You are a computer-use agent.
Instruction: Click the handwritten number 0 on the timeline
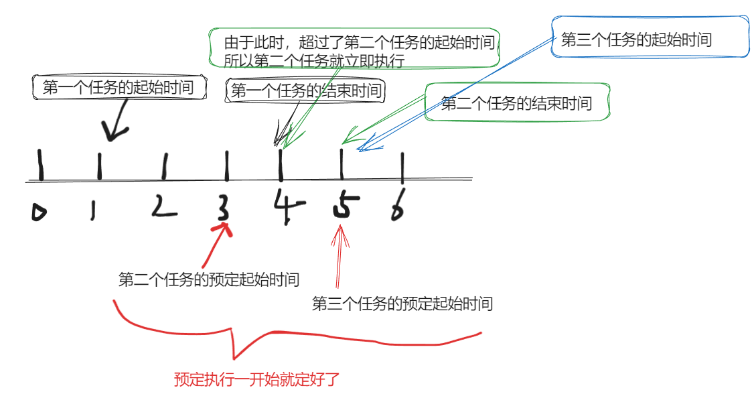click(40, 212)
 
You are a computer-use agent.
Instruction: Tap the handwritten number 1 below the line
click(93, 211)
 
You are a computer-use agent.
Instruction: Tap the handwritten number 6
click(398, 208)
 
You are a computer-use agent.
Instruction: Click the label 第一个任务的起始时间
click(118, 87)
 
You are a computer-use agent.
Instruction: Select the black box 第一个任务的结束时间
click(306, 91)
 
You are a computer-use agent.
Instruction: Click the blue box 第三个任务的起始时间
click(636, 40)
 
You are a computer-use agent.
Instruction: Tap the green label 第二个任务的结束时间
click(517, 103)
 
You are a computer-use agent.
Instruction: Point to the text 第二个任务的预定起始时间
click(208, 279)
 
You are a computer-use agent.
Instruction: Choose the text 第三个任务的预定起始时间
click(402, 304)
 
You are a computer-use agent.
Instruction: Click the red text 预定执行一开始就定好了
click(257, 379)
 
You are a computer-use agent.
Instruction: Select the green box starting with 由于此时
click(362, 51)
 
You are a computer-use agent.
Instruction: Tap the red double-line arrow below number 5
click(341, 258)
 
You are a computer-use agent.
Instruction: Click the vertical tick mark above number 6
click(402, 168)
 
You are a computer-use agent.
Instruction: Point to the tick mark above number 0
click(41, 166)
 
